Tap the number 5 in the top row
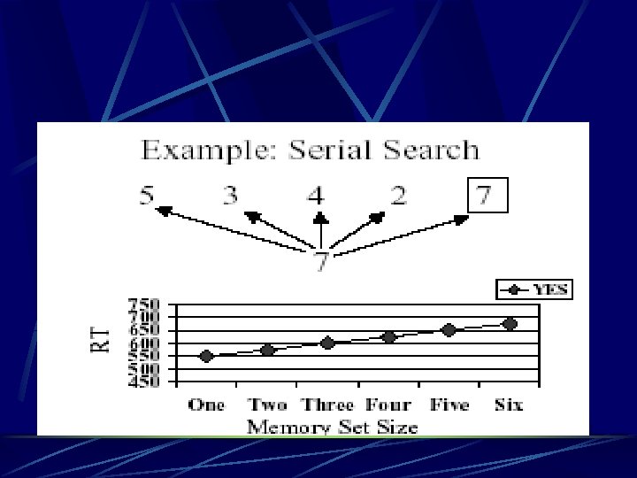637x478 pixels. [147, 196]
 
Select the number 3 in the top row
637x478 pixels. [230, 196]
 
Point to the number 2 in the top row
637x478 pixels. [399, 196]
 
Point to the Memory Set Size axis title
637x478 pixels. [333, 426]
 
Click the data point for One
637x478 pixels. [206, 356]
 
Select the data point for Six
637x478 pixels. [510, 324]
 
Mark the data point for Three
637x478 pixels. [327, 343]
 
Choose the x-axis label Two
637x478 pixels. [267, 405]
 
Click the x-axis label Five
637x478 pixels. [449, 405]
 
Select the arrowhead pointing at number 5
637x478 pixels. [162, 210]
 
